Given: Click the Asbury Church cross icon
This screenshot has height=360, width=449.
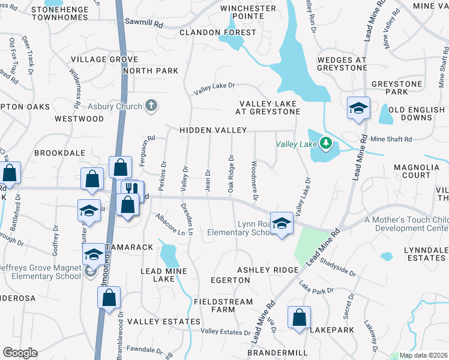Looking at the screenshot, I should coord(151,106).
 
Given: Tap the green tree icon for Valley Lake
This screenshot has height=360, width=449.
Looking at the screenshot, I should coord(325,143).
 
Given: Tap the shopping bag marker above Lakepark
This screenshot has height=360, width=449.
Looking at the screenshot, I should coord(299,317).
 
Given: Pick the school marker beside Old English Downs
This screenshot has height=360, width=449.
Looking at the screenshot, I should coord(358,108).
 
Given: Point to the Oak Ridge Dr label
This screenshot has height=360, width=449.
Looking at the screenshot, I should coord(231,174).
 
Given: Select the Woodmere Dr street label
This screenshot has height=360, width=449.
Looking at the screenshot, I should coord(255,181).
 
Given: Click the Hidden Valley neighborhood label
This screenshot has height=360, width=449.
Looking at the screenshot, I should coord(214,130).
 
